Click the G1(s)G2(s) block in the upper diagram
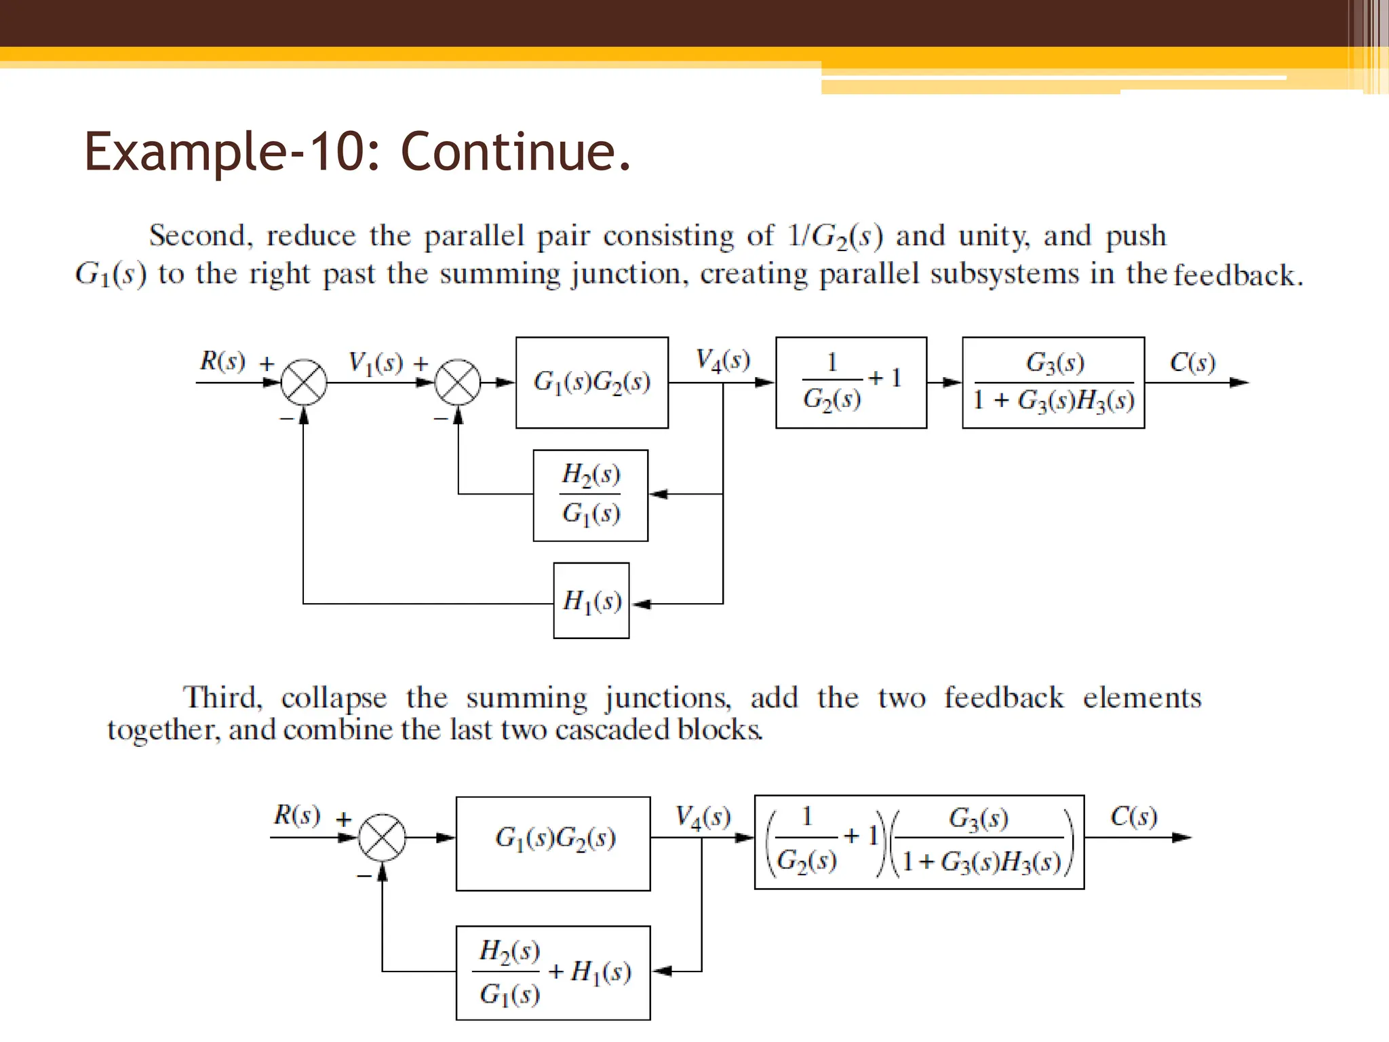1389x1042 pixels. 591,383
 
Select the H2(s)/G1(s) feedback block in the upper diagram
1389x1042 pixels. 590,495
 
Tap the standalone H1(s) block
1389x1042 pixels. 591,600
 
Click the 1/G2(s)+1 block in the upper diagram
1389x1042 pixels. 850,383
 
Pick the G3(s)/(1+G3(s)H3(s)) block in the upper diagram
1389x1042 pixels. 1053,383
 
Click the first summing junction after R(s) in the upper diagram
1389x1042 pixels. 304,383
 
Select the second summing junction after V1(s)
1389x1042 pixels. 458,383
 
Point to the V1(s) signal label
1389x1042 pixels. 375,363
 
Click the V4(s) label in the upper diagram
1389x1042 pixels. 722,360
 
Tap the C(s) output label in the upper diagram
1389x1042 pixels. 1192,362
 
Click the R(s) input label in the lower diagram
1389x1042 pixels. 296,815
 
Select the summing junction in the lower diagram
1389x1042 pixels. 382,837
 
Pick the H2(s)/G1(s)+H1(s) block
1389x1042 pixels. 553,972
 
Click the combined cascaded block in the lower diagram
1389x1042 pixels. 919,842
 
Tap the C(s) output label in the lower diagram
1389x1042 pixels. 1133,816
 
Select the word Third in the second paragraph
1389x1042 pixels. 222,697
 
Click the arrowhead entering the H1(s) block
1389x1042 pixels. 641,604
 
